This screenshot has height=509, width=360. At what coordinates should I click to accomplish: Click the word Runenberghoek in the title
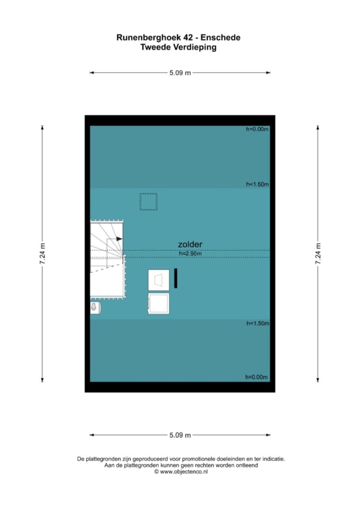point(148,38)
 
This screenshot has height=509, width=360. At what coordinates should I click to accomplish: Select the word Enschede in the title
point(220,38)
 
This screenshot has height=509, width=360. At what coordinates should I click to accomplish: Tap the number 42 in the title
point(187,38)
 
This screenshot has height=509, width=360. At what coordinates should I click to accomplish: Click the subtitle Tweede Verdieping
point(179,47)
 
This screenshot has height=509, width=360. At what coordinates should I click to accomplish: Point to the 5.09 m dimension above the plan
point(180,73)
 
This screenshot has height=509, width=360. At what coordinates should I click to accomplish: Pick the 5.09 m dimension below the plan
point(180,435)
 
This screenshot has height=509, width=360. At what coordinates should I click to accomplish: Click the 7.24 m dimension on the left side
point(42,254)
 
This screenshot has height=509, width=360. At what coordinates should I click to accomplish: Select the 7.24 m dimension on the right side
point(318,254)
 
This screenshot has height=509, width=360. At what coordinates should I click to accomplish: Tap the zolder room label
point(190,244)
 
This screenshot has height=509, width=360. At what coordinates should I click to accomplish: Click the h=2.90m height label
point(190,254)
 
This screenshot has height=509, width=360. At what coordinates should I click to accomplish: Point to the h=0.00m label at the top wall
point(257,129)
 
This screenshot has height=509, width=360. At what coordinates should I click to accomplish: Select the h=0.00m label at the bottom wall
point(256,377)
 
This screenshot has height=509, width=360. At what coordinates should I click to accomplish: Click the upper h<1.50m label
point(257,184)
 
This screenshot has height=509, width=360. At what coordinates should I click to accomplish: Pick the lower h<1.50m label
point(258,323)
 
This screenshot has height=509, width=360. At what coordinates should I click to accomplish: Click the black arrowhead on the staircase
point(119,239)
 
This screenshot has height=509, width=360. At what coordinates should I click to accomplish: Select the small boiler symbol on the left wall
point(95,308)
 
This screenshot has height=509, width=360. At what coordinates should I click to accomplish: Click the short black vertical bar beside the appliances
point(176,278)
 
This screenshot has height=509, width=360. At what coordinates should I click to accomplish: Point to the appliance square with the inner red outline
point(159,280)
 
